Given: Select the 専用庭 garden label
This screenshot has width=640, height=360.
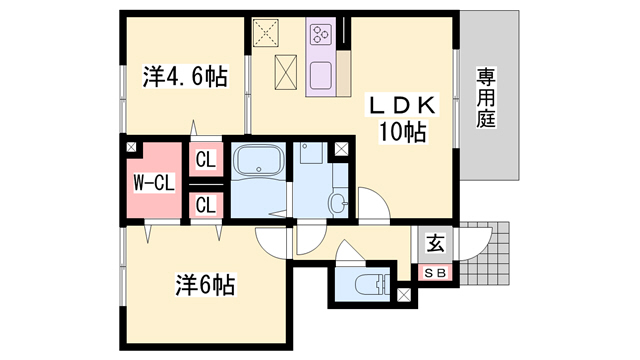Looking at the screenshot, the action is [x=486, y=97].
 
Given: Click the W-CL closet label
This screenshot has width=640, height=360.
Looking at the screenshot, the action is [x=153, y=183].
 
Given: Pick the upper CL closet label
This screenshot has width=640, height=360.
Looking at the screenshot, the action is [x=205, y=159].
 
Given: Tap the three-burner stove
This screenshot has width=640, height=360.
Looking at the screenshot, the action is [x=323, y=36].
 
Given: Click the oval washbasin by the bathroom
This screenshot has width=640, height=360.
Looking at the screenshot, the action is [x=337, y=205].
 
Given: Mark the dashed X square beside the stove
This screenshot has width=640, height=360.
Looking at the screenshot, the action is [x=269, y=33].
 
